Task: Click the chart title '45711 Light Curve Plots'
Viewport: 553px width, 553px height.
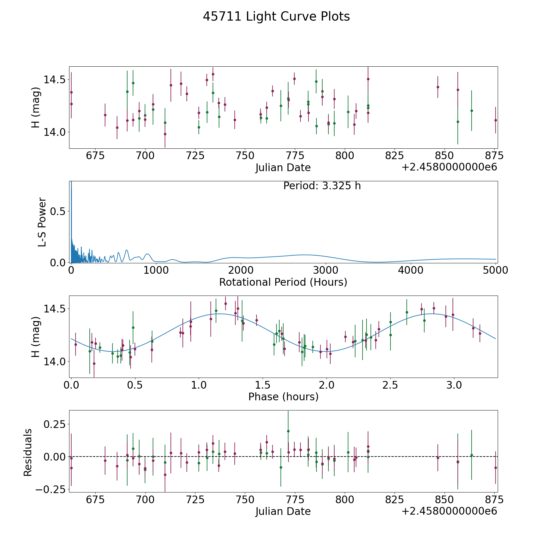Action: pyautogui.click(x=276, y=17)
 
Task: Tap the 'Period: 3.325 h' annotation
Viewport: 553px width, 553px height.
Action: pyautogui.click(x=322, y=186)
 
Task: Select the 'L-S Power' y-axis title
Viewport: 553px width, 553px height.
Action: pyautogui.click(x=42, y=222)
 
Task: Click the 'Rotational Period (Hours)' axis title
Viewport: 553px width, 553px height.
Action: pyautogui.click(x=283, y=282)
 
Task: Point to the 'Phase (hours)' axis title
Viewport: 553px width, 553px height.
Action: pyautogui.click(x=283, y=397)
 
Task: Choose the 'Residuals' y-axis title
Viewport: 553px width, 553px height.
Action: pyautogui.click(x=28, y=453)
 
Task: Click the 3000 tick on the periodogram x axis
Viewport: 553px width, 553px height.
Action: pyautogui.click(x=325, y=270)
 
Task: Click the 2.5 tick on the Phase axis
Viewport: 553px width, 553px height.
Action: pyautogui.click(x=390, y=385)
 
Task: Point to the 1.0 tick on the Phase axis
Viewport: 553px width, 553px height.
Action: pyautogui.click(x=199, y=385)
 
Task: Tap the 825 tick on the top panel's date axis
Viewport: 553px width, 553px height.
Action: pyautogui.click(x=394, y=156)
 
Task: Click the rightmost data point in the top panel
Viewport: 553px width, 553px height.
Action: pyautogui.click(x=495, y=120)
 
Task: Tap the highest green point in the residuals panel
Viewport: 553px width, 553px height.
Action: pyautogui.click(x=288, y=431)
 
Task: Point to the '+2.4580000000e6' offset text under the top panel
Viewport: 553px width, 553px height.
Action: pyautogui.click(x=449, y=167)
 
